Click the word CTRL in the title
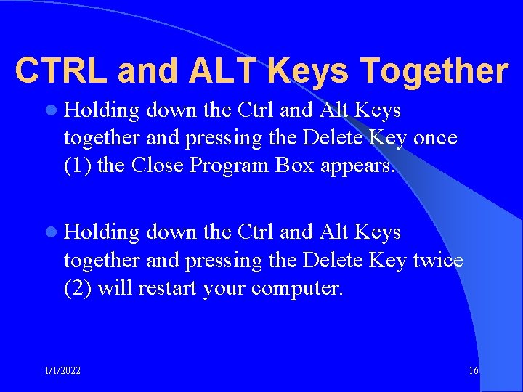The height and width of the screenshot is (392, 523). click(60, 71)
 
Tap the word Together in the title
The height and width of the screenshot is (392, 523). click(434, 71)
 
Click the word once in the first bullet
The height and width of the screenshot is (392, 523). click(435, 138)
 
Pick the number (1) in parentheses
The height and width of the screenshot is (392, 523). click(78, 166)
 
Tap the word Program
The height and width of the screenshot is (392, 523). click(230, 166)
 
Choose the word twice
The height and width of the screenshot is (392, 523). click(438, 260)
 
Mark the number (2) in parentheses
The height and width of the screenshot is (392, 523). click(78, 287)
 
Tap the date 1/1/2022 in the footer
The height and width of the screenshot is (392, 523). click(62, 371)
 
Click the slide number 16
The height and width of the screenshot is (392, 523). click(473, 371)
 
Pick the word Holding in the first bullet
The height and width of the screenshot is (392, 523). click(102, 111)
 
